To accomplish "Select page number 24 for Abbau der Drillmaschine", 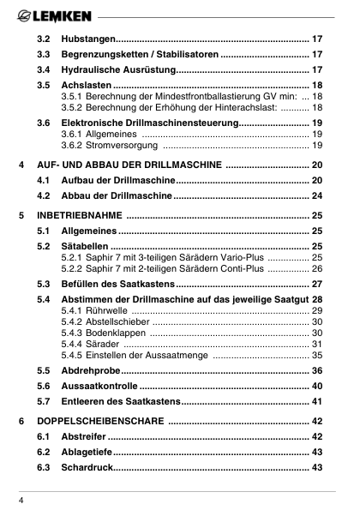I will point(316,196).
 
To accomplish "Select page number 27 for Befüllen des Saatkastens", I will point(316,284).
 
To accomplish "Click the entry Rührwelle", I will point(105,310).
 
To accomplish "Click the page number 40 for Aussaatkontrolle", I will point(316,387).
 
